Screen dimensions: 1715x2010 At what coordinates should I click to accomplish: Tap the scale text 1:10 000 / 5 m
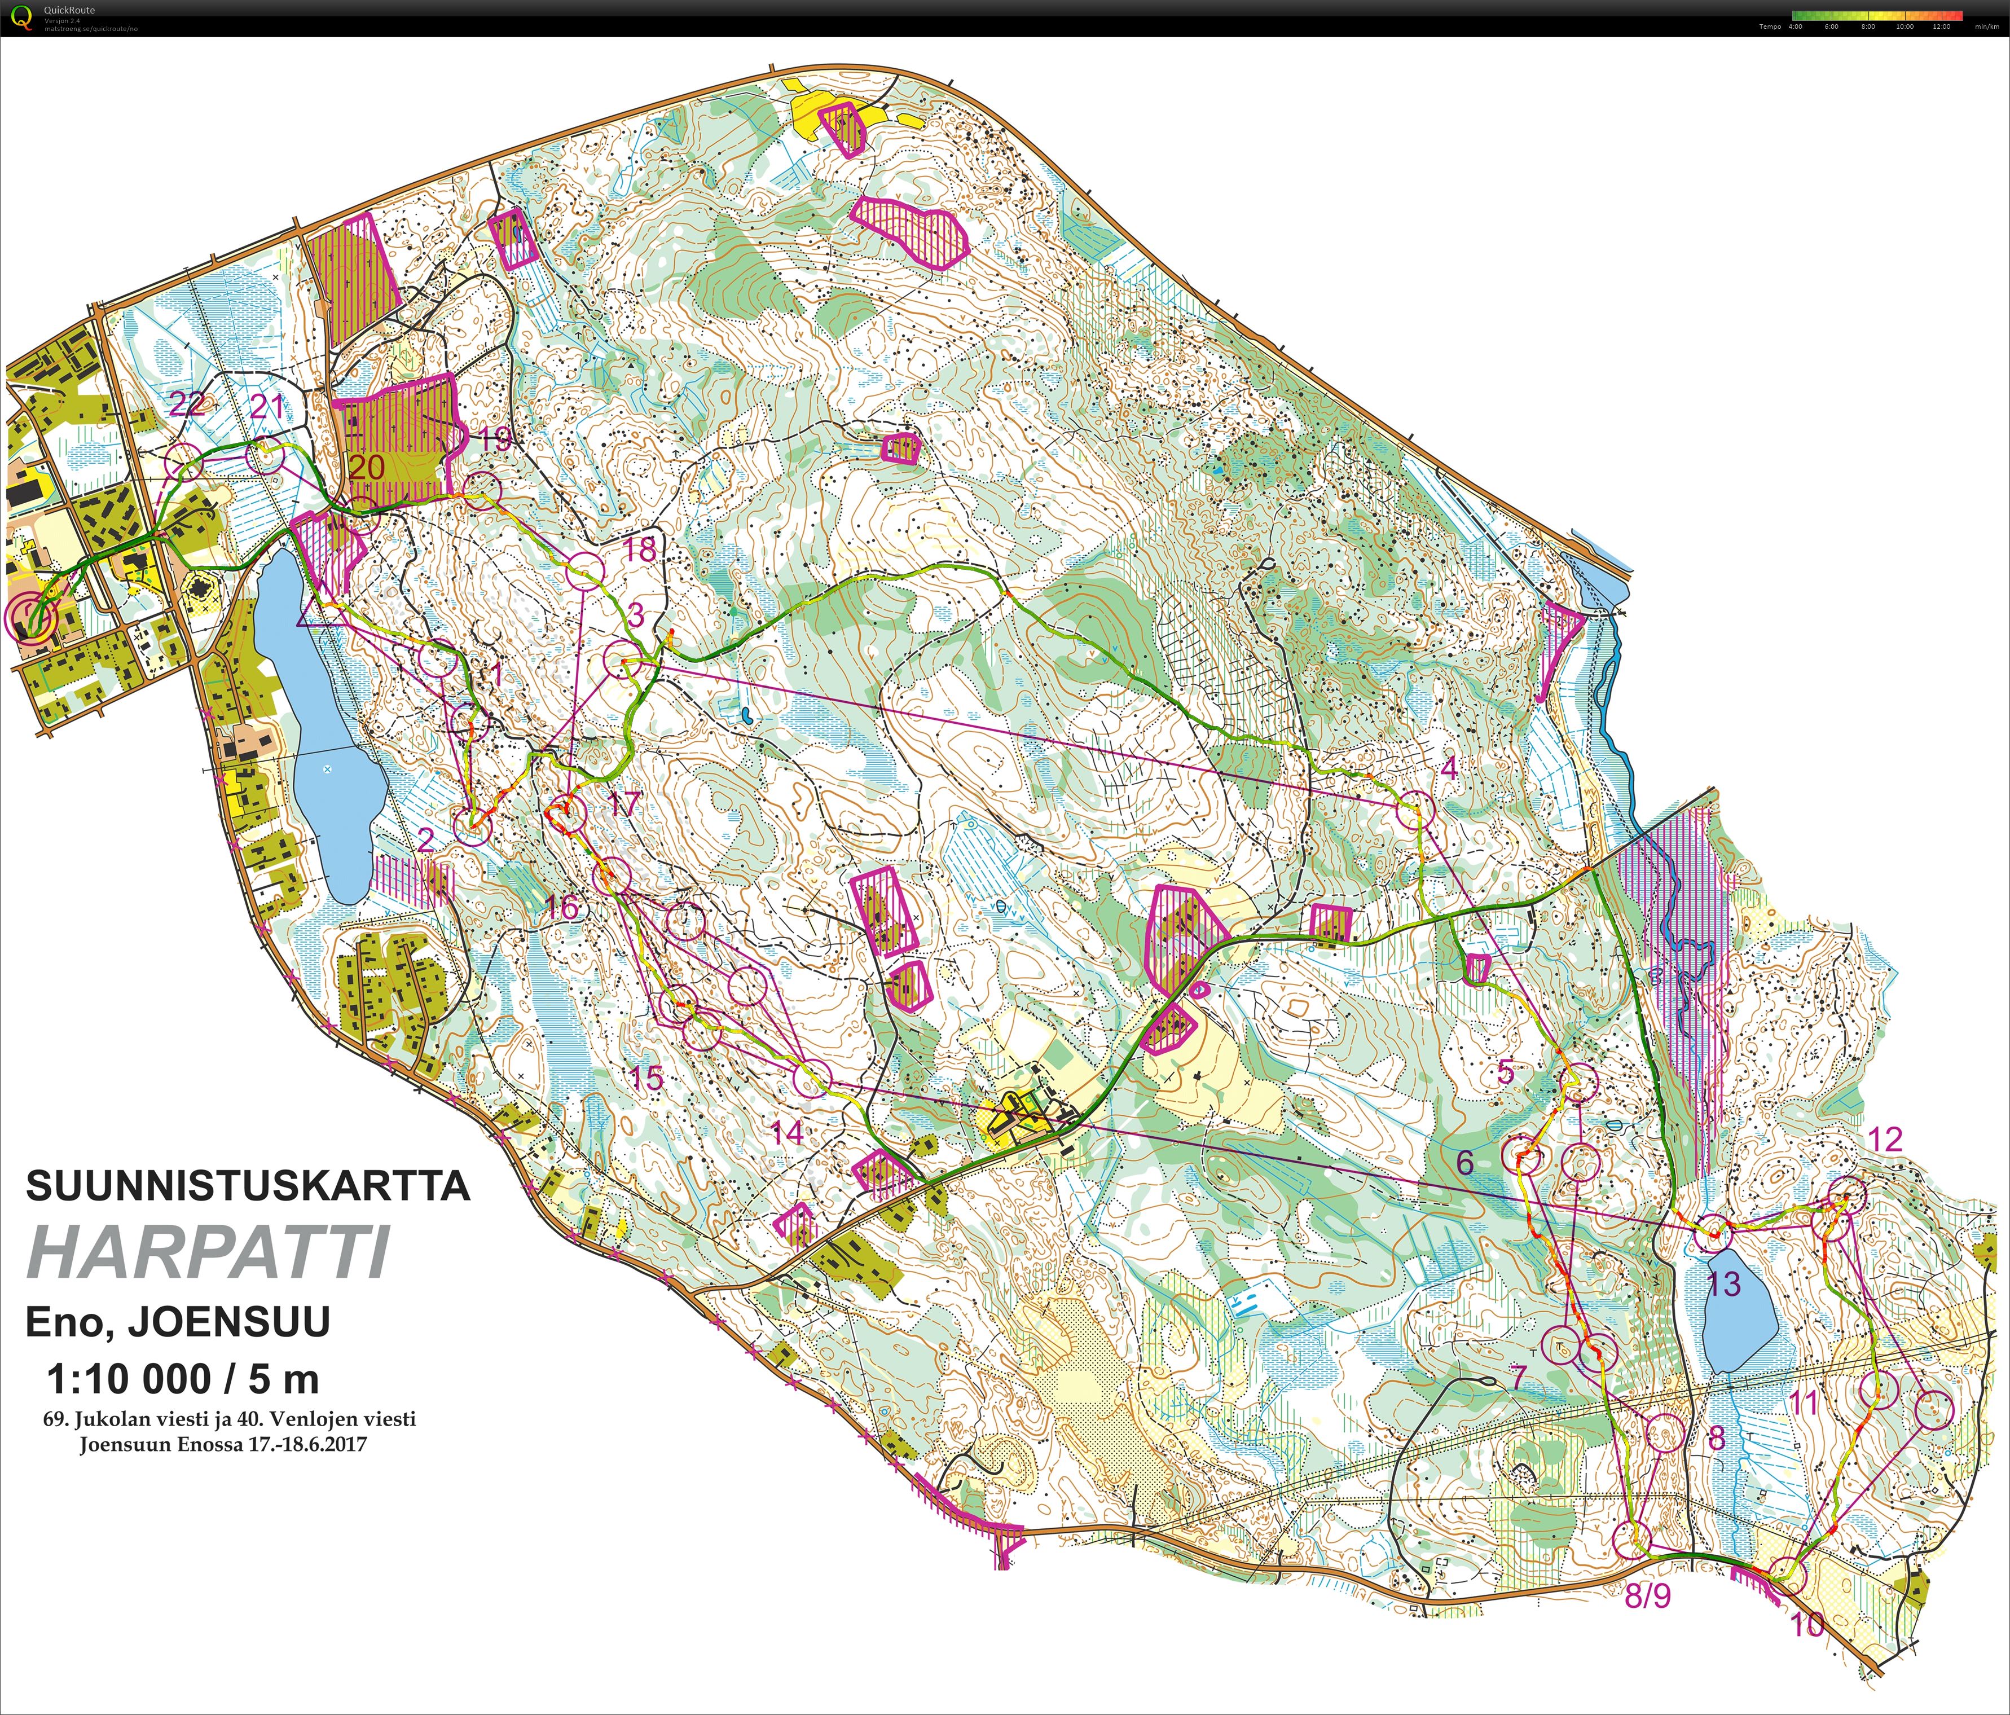coord(182,1378)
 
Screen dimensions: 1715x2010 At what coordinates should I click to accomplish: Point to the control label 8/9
coord(1647,1596)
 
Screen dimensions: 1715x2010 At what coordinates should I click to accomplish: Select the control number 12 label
coord(1886,1139)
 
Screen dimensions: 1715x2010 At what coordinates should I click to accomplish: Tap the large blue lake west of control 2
coord(315,718)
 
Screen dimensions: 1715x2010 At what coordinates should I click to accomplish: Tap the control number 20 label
coord(367,468)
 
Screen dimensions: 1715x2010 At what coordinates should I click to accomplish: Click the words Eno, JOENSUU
coord(178,1321)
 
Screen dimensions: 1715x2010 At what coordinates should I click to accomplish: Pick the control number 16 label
coord(562,907)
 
